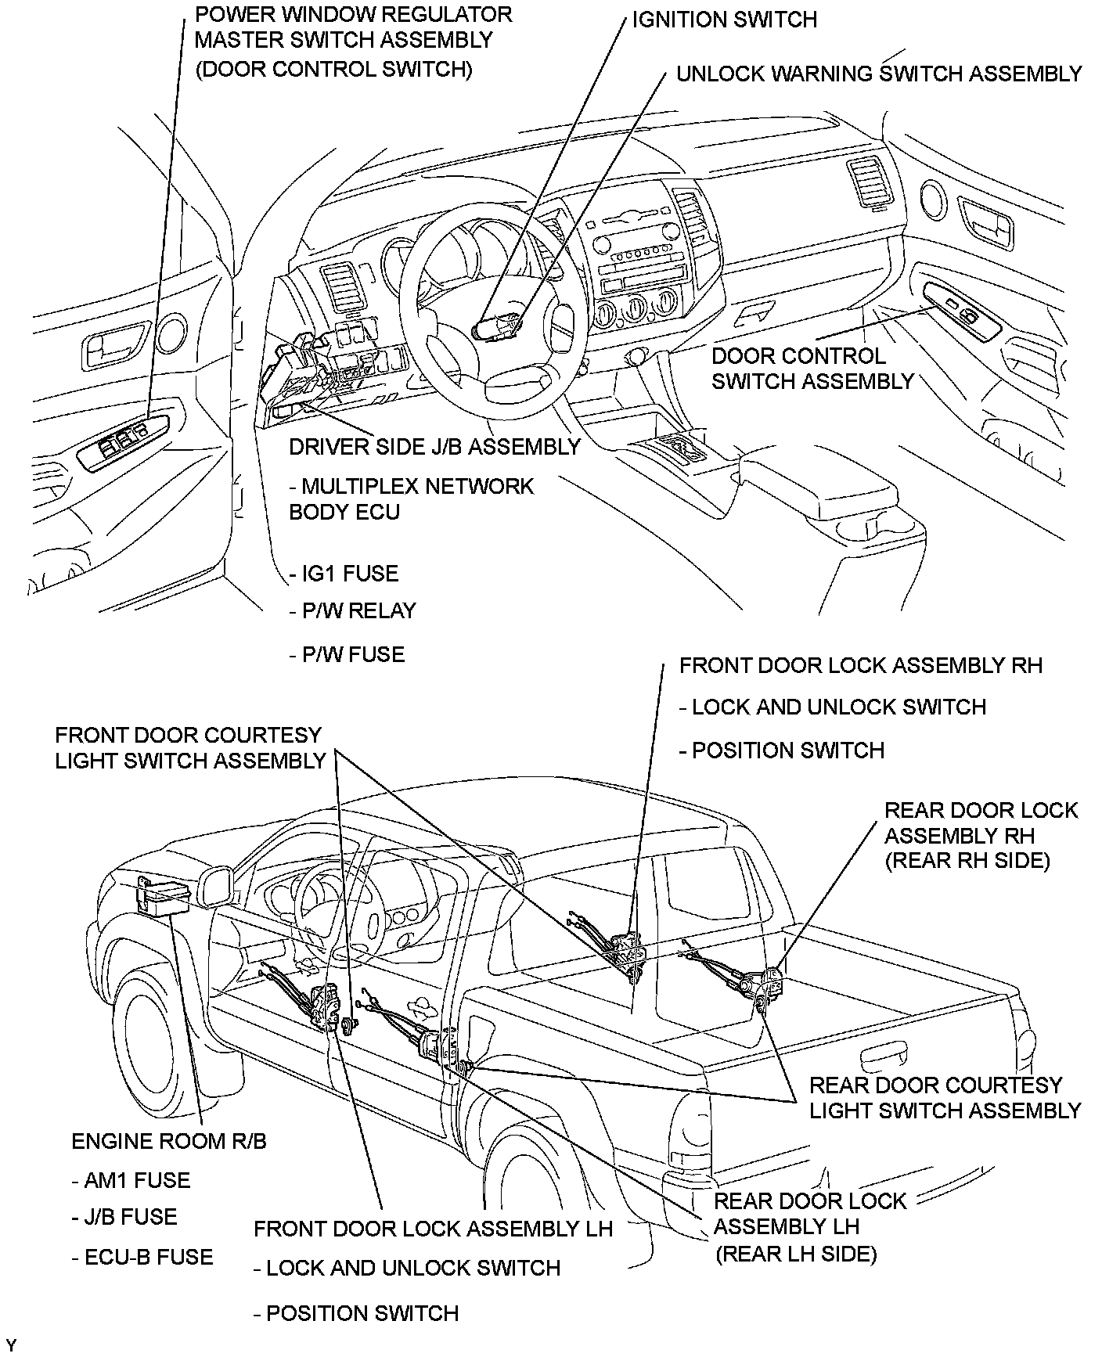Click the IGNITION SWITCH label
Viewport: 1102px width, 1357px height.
point(724,20)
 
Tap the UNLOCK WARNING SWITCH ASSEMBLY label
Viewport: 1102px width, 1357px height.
point(878,74)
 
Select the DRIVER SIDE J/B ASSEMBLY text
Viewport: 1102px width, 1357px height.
point(434,447)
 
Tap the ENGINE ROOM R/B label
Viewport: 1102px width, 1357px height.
point(169,1141)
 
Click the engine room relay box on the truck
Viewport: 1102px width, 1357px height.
point(162,896)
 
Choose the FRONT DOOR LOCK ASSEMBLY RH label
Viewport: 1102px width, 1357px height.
point(861,666)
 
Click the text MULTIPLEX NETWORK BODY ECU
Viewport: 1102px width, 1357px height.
point(411,499)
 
